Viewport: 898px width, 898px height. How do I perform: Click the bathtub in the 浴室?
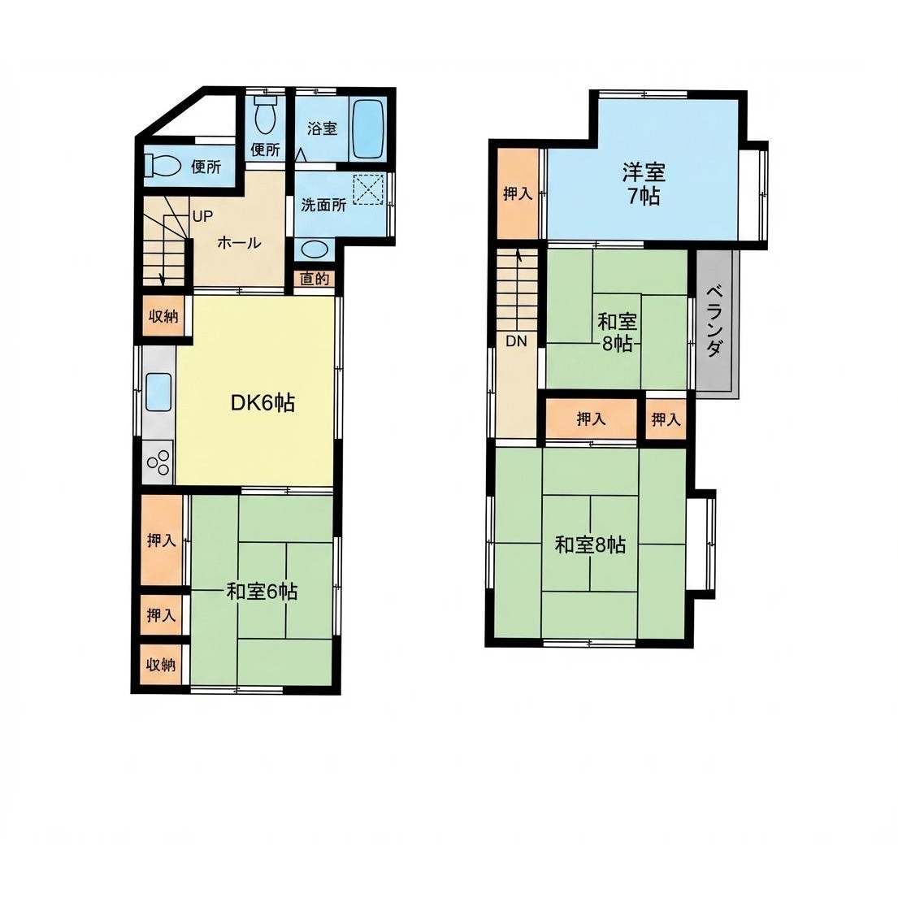(367, 129)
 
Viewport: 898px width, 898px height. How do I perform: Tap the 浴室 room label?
(322, 128)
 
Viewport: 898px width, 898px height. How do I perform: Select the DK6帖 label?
(262, 403)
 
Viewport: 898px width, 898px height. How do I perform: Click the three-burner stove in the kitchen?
(158, 462)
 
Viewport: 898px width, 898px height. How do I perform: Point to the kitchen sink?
(158, 392)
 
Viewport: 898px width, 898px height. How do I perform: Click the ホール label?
(240, 243)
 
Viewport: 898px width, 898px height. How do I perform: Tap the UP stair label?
(202, 216)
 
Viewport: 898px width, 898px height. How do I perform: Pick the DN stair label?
(516, 341)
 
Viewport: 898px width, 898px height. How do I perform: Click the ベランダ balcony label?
(714, 321)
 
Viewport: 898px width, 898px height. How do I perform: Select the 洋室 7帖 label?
(644, 184)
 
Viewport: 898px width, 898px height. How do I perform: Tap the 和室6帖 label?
(262, 591)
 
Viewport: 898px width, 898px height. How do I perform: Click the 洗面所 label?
(323, 205)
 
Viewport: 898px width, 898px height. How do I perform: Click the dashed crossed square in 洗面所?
(367, 189)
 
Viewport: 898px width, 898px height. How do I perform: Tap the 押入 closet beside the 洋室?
(518, 193)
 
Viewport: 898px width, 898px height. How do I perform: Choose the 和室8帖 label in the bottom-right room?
(590, 544)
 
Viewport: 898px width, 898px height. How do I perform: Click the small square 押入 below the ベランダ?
(666, 419)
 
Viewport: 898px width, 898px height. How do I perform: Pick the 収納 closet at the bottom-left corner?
(161, 665)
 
